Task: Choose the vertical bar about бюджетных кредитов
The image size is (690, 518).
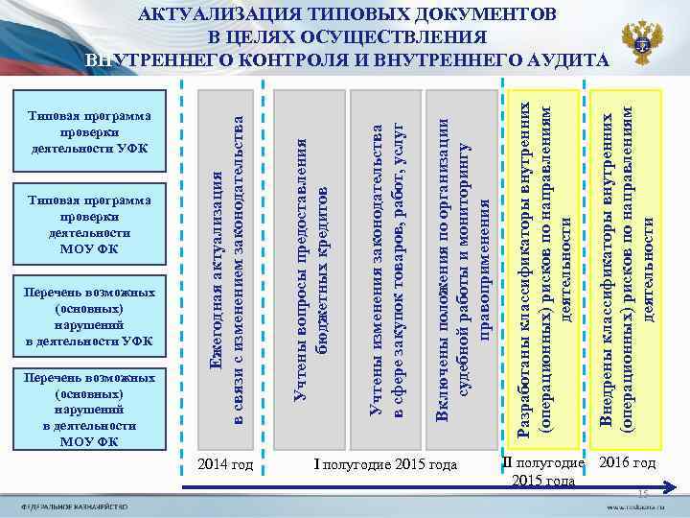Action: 309,269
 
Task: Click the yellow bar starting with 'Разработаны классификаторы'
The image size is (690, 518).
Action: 542,269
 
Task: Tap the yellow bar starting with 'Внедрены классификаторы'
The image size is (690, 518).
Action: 624,269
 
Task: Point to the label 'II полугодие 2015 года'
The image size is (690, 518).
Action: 542,472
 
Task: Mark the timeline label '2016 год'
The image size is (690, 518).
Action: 627,463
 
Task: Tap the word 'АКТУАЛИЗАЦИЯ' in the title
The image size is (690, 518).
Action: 206,16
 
